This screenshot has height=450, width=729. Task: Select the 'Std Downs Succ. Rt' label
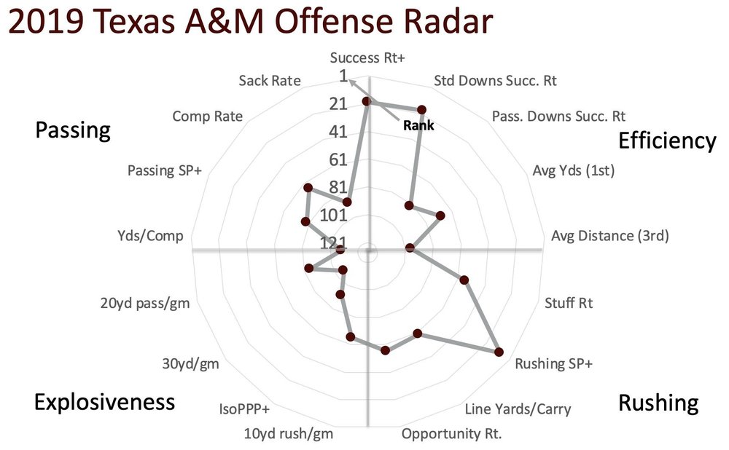click(495, 80)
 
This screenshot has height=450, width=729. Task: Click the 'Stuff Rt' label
click(569, 301)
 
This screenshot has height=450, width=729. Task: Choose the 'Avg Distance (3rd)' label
click(609, 235)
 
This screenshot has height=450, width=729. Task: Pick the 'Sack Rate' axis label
click(269, 80)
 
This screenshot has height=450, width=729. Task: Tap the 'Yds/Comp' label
click(150, 235)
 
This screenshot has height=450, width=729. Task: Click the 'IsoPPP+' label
click(244, 408)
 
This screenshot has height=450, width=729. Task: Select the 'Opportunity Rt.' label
click(452, 435)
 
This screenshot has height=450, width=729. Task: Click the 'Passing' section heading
click(73, 130)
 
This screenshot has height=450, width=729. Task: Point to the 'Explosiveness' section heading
click(104, 401)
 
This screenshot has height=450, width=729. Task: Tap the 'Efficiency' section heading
click(666, 141)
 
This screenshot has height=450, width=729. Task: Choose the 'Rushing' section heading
click(658, 402)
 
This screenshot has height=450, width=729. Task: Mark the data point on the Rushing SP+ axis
click(499, 352)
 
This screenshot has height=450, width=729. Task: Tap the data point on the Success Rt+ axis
click(367, 102)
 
